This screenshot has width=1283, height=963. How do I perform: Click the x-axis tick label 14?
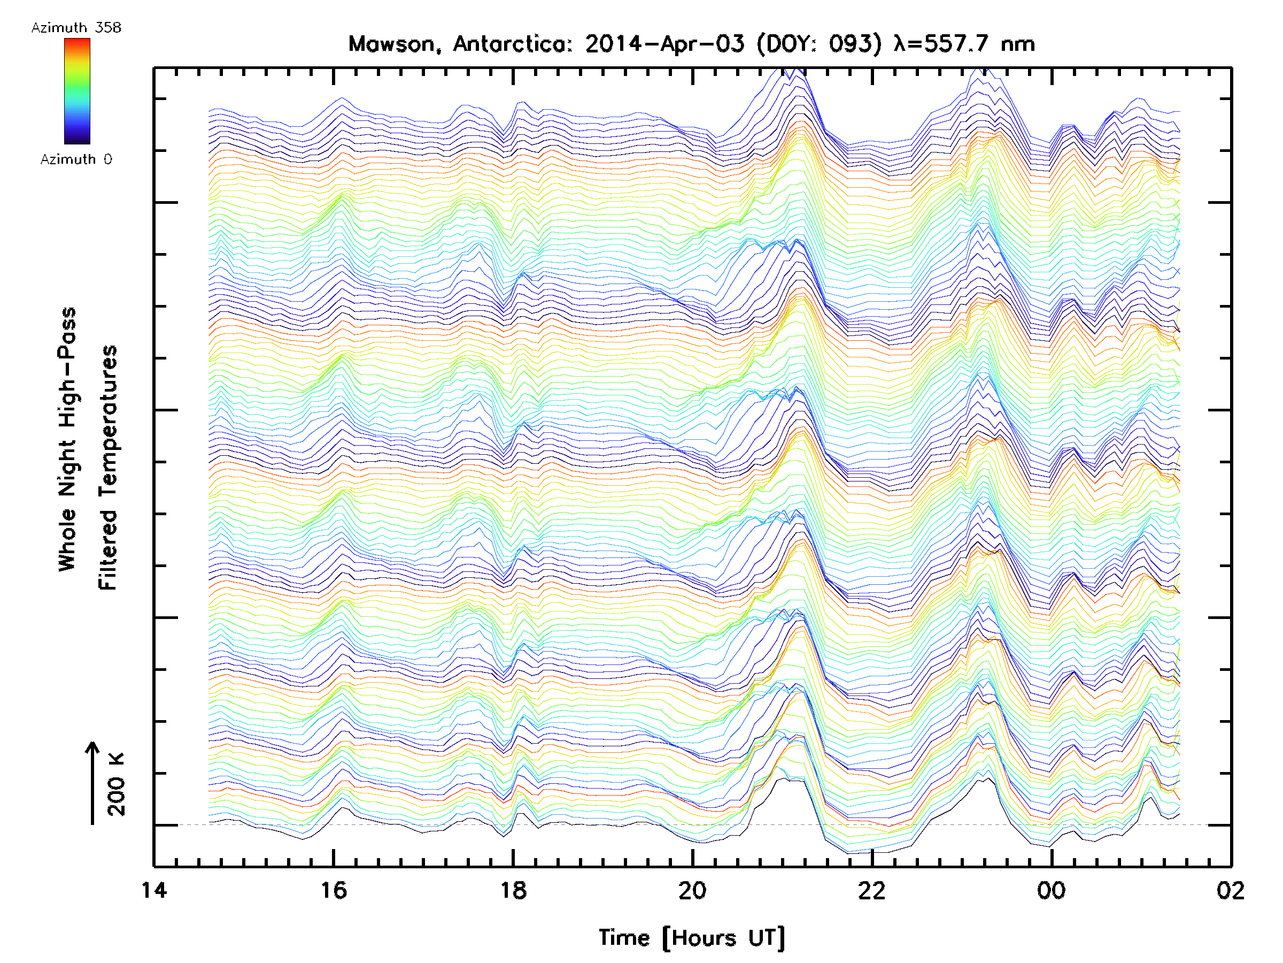pos(154,890)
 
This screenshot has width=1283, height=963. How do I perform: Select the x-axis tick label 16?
pos(334,890)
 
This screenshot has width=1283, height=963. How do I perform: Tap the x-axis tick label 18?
pos(513,890)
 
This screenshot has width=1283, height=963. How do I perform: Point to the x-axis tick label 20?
pos(692,890)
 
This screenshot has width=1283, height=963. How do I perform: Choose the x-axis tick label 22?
pos(872,890)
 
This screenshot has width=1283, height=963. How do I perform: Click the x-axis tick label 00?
pos(1051,890)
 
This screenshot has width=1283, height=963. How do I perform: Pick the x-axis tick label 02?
pos(1230,890)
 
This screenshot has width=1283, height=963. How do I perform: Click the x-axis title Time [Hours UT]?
pos(692,937)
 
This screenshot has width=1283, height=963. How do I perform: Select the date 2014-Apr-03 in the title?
pos(664,44)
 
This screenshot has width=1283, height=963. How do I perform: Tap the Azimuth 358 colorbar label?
pos(76,28)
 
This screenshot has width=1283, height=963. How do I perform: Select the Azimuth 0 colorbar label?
pos(76,159)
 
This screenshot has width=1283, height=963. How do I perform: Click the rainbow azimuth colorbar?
pos(77,91)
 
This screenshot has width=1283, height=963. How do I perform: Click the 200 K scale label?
pos(117,785)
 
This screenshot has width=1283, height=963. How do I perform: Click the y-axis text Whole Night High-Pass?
pos(67,439)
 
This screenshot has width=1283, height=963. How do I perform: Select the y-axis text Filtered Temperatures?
pos(108,468)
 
